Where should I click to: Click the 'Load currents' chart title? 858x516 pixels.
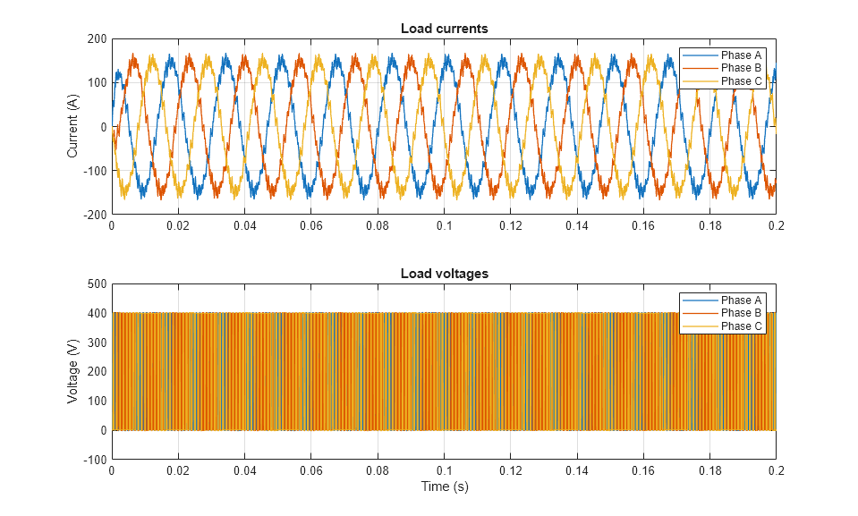pyautogui.click(x=444, y=29)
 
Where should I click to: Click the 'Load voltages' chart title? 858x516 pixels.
pyautogui.click(x=444, y=274)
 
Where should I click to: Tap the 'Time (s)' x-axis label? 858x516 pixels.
pyautogui.click(x=444, y=487)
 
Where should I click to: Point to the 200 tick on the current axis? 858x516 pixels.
pyautogui.click(x=97, y=39)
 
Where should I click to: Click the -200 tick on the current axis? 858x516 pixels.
pyautogui.click(x=95, y=216)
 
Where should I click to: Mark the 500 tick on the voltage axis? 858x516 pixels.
pyautogui.click(x=97, y=284)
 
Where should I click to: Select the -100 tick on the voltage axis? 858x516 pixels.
pyautogui.click(x=95, y=461)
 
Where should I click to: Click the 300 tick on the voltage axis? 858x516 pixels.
pyautogui.click(x=97, y=343)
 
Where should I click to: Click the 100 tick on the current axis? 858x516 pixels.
pyautogui.click(x=97, y=83)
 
